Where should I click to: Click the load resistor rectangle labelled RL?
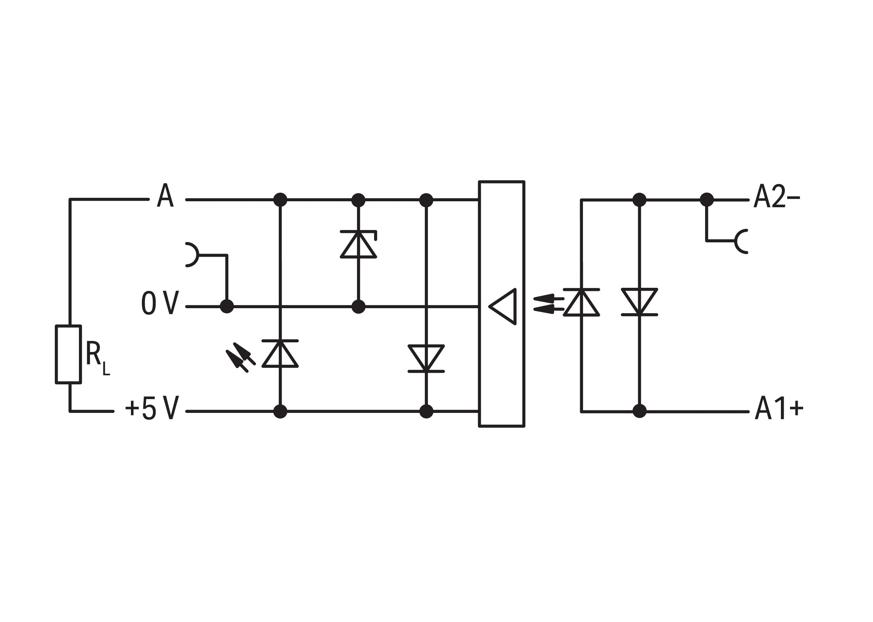pos(68,354)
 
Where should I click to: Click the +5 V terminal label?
pos(152,408)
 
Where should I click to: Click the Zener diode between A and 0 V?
pos(358,244)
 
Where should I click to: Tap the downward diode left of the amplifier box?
pos(426,358)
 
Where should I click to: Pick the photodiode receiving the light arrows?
pos(581,303)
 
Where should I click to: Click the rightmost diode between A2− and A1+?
pos(639,302)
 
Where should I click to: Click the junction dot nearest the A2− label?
pos(707,199)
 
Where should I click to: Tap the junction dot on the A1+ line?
pos(639,411)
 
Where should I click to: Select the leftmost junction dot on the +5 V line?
pos(280,411)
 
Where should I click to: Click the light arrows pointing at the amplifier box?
pos(548,304)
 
